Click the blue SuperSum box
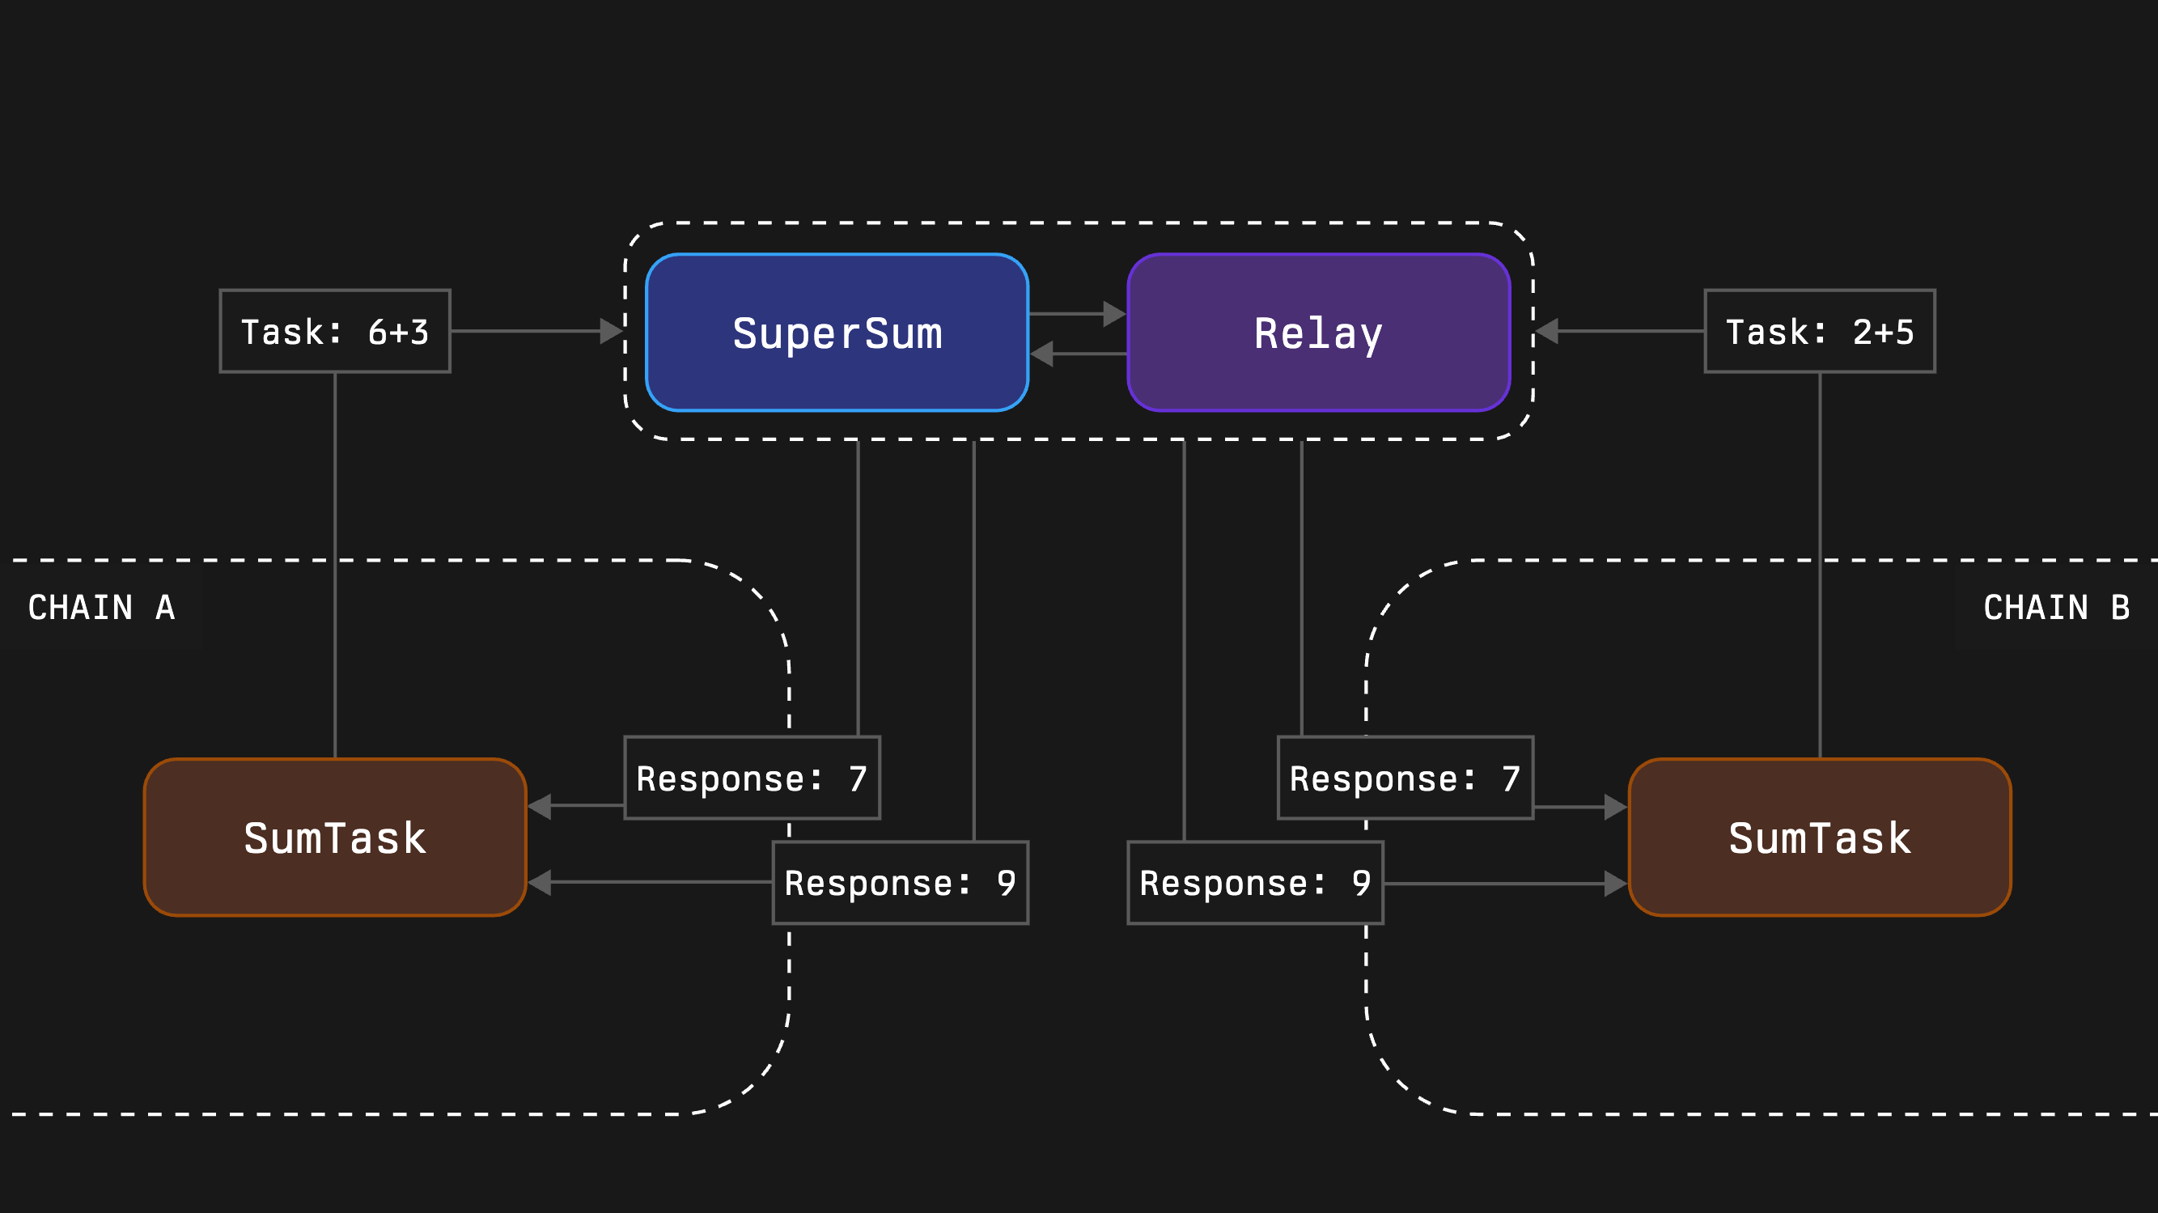837,333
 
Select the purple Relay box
1319,333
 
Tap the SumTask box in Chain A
335,837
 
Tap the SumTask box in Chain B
1820,837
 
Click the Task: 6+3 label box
335,332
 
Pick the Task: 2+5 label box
1820,332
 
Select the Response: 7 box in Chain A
753,778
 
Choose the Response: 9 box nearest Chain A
901,883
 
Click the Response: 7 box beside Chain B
1405,778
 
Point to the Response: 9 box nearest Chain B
1255,883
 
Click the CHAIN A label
101,608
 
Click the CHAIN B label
2056,608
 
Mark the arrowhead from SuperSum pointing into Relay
1115,314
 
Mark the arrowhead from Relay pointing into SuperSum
1041,354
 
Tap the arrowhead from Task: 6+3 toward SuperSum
612,331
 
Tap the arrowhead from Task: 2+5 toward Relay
1546,331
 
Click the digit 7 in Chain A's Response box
857,779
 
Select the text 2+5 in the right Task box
1882,333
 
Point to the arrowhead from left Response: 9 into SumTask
540,882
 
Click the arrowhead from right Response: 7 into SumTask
1615,807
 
